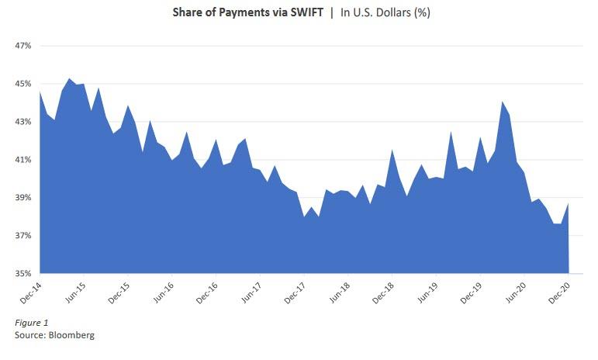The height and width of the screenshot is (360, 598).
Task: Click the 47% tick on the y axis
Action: (x=22, y=47)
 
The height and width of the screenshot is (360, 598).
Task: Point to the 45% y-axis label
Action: (x=22, y=84)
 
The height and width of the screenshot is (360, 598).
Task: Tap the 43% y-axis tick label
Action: (x=22, y=122)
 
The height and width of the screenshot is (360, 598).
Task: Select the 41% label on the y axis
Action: (x=22, y=160)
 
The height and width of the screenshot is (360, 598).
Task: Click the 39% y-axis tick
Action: (x=22, y=198)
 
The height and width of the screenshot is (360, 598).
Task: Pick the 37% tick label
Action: (x=22, y=236)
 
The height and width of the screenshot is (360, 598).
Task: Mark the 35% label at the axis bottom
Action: (x=22, y=274)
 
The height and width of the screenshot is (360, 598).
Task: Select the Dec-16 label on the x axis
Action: (x=206, y=291)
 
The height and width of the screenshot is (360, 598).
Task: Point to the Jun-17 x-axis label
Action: (x=251, y=291)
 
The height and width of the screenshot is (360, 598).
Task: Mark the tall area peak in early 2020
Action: (x=503, y=102)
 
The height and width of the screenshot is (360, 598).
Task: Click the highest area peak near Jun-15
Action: (x=70, y=78)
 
